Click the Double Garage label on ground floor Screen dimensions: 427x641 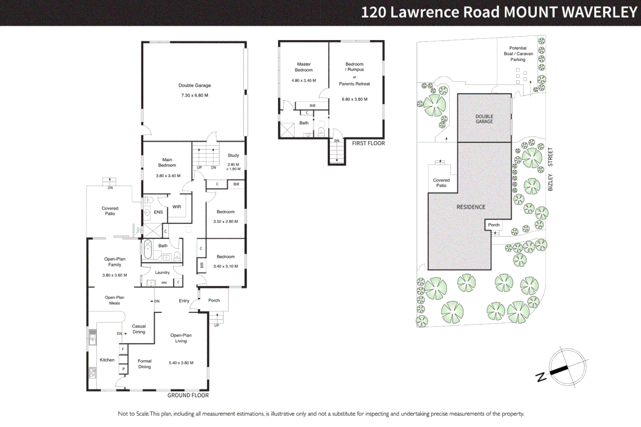click(194, 85)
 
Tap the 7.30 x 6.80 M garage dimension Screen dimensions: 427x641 click(194, 95)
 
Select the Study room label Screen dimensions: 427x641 click(233, 155)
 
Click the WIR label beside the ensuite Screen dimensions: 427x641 click(177, 207)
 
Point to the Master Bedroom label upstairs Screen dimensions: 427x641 click(304, 67)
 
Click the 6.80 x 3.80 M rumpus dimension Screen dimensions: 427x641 click(354, 99)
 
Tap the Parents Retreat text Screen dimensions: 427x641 click(354, 84)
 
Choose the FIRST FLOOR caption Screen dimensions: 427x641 click(368, 144)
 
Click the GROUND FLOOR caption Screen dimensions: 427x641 click(188, 395)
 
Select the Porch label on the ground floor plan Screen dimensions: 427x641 click(214, 300)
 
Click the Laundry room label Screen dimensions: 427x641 click(162, 272)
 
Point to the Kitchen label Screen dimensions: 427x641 click(107, 360)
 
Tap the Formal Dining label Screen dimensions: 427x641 click(145, 364)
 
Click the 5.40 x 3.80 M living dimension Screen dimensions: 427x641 click(181, 363)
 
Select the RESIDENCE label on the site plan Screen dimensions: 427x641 click(471, 207)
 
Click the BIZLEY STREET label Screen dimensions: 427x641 click(550, 169)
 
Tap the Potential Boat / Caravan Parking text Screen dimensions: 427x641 click(518, 54)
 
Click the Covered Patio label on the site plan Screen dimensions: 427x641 click(441, 183)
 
